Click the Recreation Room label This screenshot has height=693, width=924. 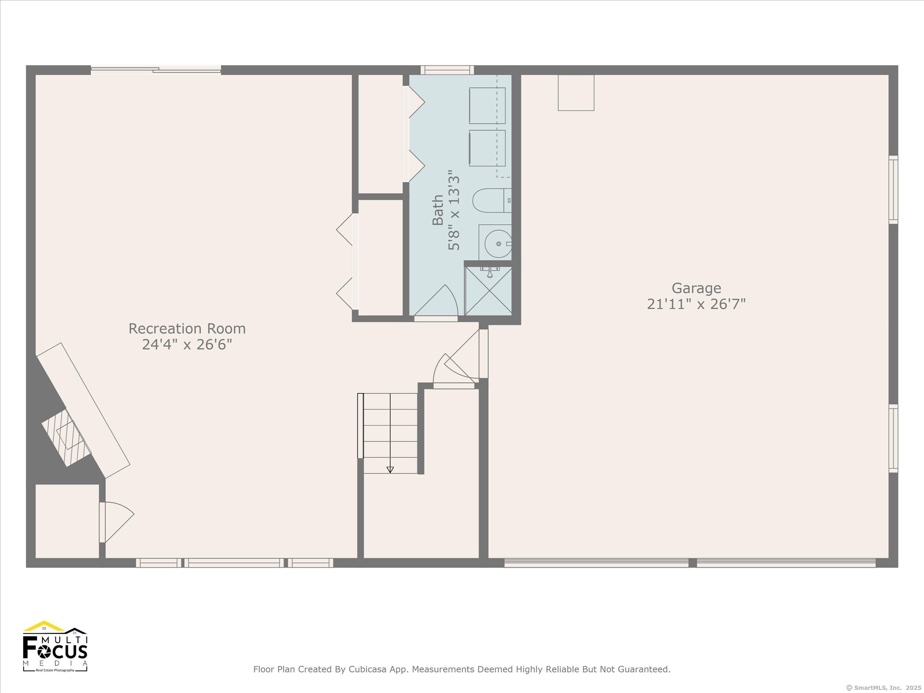tap(187, 328)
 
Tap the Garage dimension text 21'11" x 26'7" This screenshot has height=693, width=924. tap(696, 304)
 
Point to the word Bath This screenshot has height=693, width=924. tap(438, 210)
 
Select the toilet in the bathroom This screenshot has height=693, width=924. tap(492, 201)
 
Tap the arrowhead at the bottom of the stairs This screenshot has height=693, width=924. tap(390, 470)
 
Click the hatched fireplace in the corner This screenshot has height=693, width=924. tap(67, 437)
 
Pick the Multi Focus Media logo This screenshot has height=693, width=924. tap(55, 646)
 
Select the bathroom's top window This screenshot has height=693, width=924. tap(447, 70)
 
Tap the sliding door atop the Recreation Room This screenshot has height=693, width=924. tap(156, 70)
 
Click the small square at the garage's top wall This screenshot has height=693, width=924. tap(576, 92)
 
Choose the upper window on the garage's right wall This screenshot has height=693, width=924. tap(894, 189)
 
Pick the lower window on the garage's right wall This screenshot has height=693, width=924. tap(894, 438)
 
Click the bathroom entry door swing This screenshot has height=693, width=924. tap(436, 301)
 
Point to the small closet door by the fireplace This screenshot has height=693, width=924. tap(116, 522)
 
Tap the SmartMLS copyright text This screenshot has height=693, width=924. tap(882, 687)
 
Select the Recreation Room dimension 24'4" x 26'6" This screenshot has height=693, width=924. tap(187, 345)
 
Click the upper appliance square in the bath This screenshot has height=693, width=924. tap(487, 105)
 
